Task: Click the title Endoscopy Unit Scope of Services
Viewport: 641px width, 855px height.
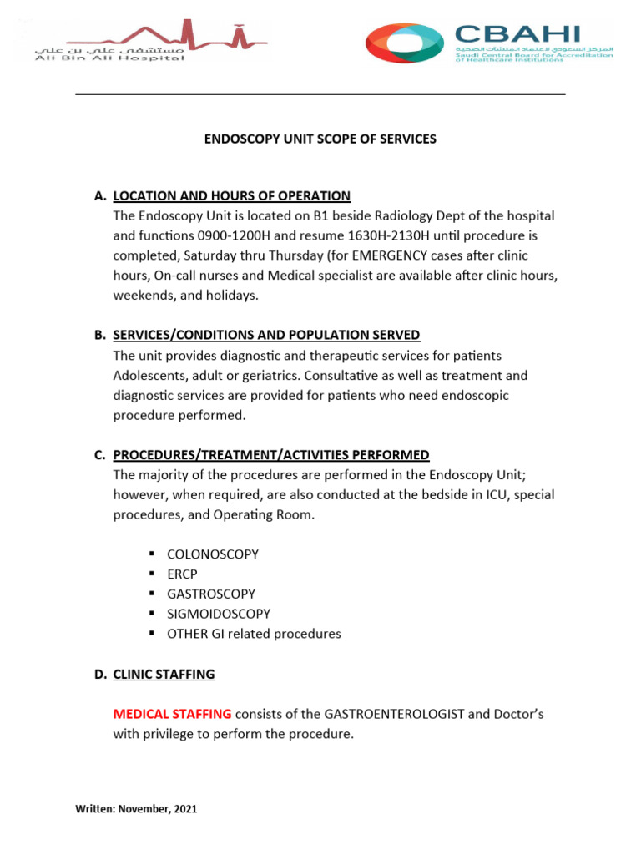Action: click(320, 139)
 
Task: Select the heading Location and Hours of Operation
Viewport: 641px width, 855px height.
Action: click(231, 195)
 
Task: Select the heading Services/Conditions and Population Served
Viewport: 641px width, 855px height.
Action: click(266, 335)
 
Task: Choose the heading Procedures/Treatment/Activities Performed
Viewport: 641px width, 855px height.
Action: click(271, 455)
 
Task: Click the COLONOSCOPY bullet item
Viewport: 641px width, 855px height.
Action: click(213, 554)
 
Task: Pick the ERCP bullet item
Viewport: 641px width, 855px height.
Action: click(183, 574)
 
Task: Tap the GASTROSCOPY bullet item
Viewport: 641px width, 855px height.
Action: click(212, 594)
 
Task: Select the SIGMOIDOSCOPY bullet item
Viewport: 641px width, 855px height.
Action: click(219, 614)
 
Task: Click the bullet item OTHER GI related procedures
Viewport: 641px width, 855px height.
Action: click(254, 634)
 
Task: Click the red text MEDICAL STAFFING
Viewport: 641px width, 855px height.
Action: click(172, 714)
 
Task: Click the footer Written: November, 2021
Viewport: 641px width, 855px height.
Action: click(136, 809)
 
